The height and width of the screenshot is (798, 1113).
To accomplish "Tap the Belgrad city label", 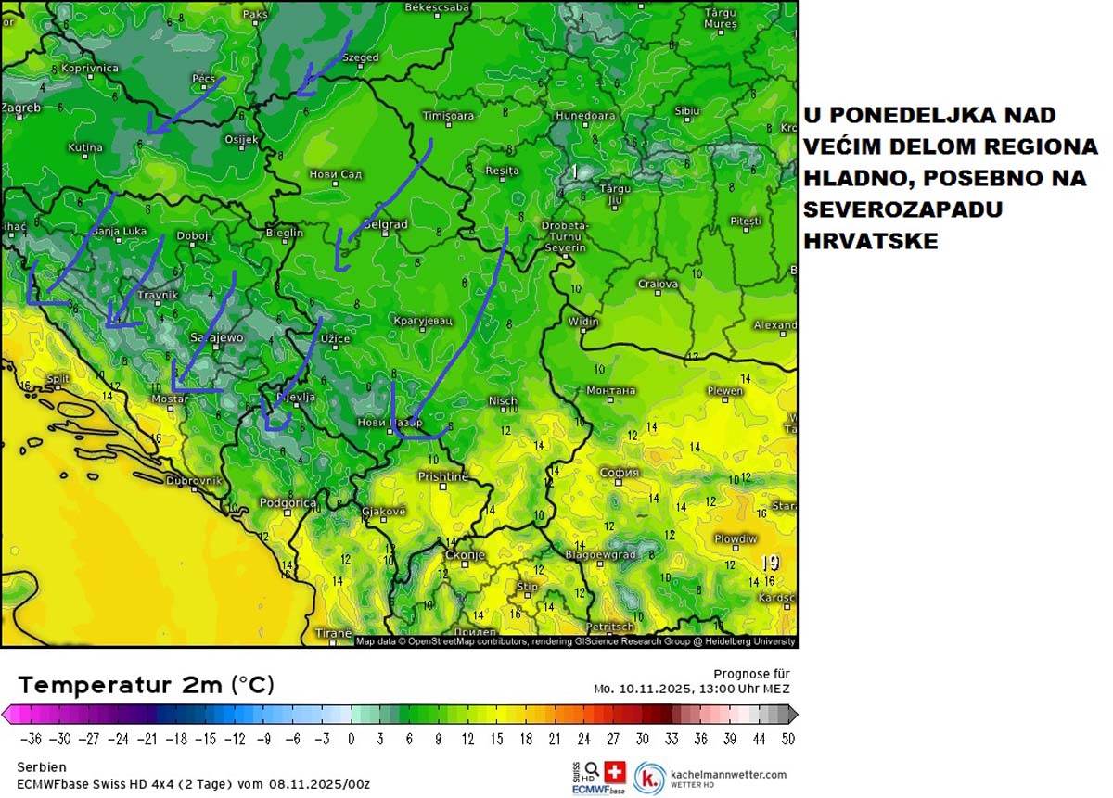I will coord(384,224).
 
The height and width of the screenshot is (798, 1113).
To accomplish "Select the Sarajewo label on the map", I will coord(216,338).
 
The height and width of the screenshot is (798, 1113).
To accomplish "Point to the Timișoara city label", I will coord(448,116).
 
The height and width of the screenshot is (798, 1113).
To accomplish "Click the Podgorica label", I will coord(288,502).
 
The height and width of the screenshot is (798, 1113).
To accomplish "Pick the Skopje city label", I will coord(465,554).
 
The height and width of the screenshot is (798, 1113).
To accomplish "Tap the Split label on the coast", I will coord(58,378).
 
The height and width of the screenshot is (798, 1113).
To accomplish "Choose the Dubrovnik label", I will coord(194,481).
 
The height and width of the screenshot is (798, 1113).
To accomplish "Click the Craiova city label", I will coord(658,284).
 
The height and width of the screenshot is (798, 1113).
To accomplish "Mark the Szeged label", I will coord(361,57).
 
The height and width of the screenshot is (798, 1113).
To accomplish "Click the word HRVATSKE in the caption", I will coord(871,241).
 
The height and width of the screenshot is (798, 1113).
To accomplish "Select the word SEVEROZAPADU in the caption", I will coord(903,209).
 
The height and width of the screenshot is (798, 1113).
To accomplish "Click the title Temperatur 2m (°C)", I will coord(146,685).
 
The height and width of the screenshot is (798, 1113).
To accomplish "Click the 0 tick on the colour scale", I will coord(351,739).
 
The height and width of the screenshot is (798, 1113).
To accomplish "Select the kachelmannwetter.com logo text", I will coord(727,774).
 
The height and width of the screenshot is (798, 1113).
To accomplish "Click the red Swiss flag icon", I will coord(615,771).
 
